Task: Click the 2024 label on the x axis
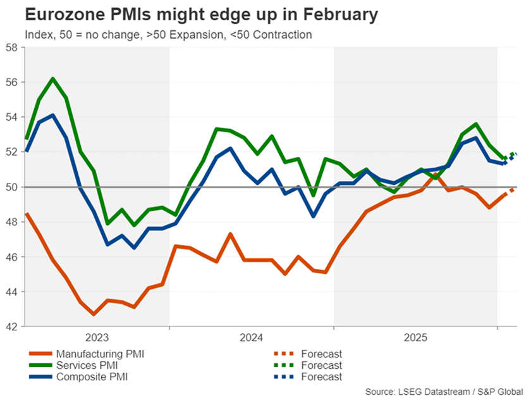click(x=252, y=338)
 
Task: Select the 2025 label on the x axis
click(x=416, y=338)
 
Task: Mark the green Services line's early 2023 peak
click(x=52, y=78)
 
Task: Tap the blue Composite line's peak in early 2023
click(x=52, y=115)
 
